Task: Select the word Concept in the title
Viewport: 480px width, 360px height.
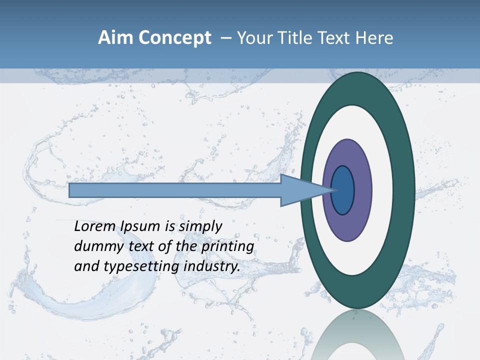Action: tap(174, 38)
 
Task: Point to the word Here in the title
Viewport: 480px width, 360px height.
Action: tap(374, 38)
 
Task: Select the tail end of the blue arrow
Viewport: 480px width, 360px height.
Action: tap(70, 190)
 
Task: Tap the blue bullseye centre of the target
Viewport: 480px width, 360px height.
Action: tap(343, 190)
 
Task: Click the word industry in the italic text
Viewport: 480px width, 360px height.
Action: tap(212, 267)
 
